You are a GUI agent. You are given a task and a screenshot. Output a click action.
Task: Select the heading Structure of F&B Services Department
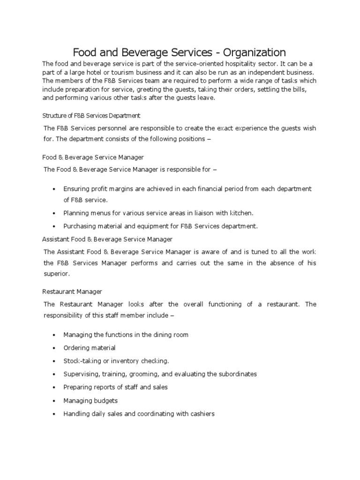click(x=91, y=115)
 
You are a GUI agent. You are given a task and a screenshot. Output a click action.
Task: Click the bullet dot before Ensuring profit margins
click(x=54, y=189)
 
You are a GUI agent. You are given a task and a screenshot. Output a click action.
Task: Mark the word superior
click(x=56, y=273)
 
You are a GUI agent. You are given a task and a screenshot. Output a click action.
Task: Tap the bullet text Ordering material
click(x=90, y=348)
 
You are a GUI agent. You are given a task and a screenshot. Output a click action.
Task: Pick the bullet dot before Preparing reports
click(x=54, y=388)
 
